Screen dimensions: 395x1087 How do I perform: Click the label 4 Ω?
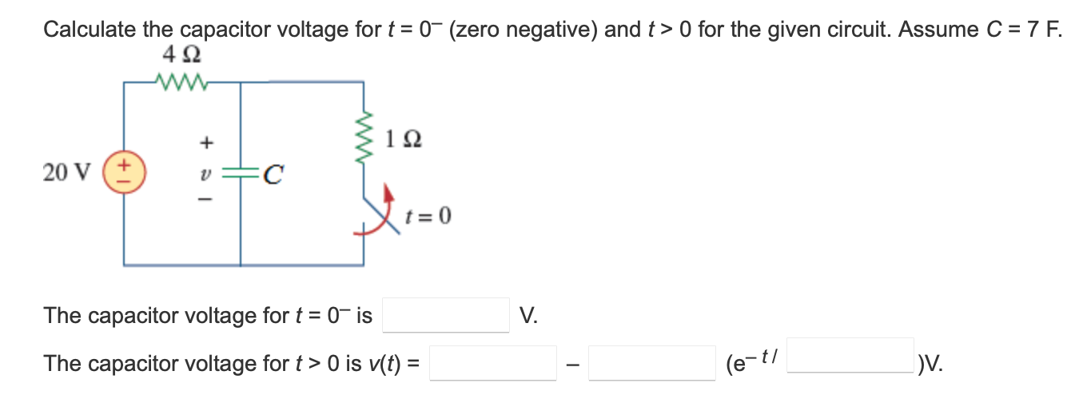[181, 56]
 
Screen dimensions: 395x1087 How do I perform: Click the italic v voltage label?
[205, 173]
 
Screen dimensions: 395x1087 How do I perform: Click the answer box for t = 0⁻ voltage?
[446, 315]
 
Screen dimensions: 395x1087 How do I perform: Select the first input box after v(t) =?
[494, 364]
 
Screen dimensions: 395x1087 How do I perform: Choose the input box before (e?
[652, 364]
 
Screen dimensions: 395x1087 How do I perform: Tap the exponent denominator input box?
[850, 357]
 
